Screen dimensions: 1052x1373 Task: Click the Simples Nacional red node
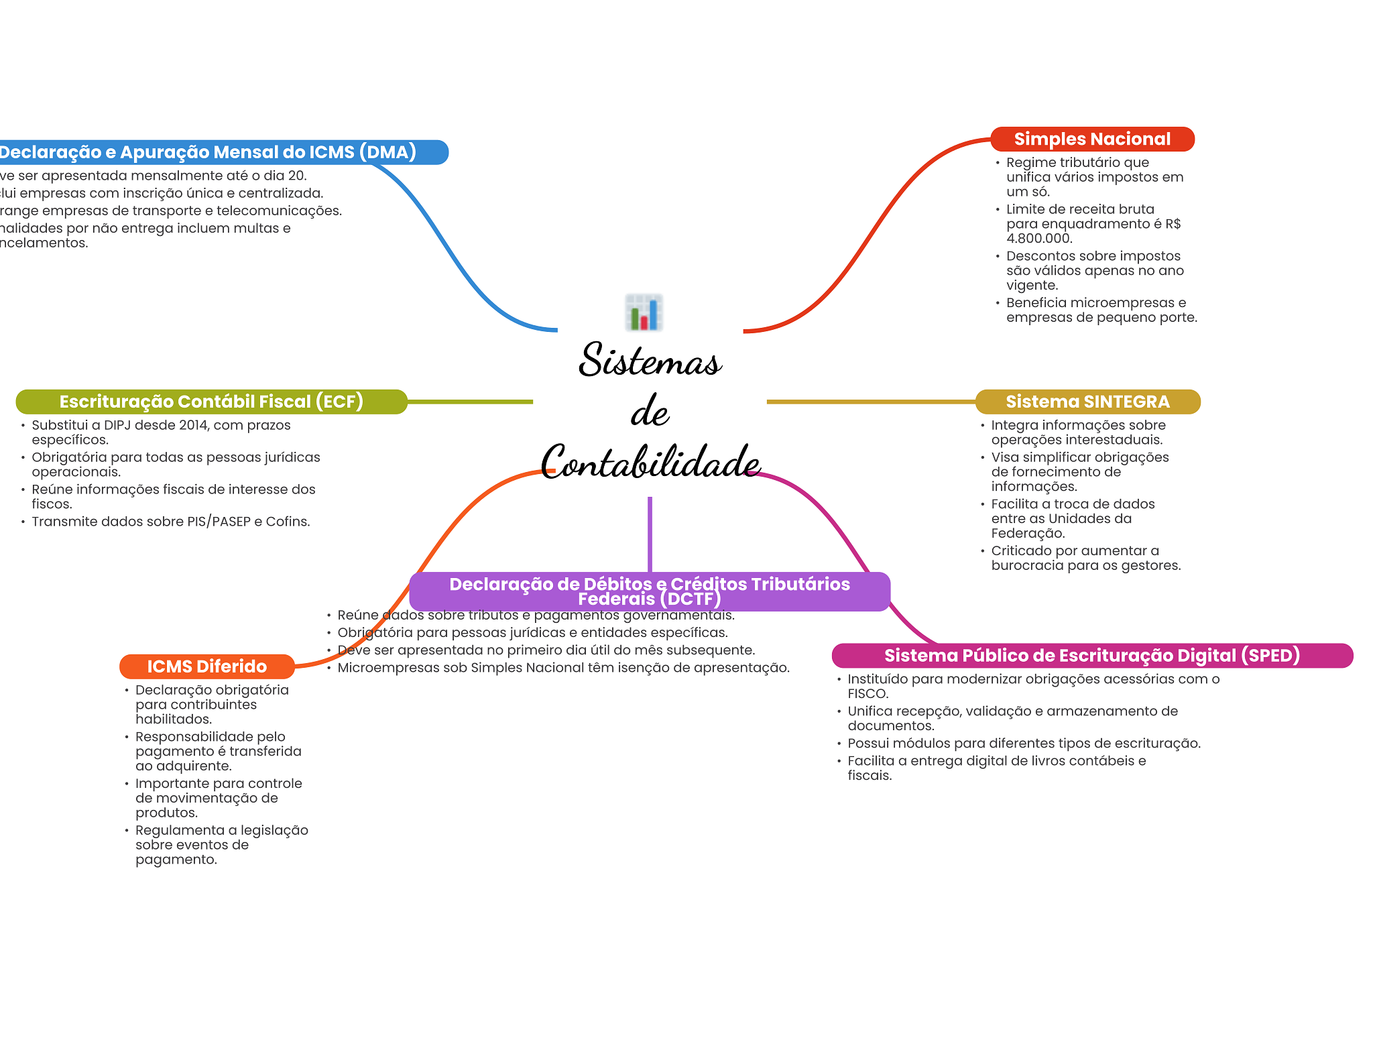pyautogui.click(x=1092, y=139)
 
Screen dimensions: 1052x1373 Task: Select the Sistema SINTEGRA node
pyautogui.click(x=1087, y=402)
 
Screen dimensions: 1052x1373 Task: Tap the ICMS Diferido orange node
pyautogui.click(x=206, y=666)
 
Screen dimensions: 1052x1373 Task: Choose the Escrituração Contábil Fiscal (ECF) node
pyautogui.click(x=211, y=402)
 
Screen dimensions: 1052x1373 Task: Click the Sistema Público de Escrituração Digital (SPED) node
pyautogui.click(x=1091, y=656)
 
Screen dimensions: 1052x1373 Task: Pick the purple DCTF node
pyautogui.click(x=649, y=591)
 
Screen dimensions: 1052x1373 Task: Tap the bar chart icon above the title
pyautogui.click(x=644, y=312)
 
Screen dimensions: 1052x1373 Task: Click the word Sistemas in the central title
pyautogui.click(x=650, y=360)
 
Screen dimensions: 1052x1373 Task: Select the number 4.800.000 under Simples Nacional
pyautogui.click(x=1038, y=239)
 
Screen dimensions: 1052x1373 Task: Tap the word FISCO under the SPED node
pyautogui.click(x=868, y=694)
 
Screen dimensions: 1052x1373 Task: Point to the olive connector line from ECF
pyautogui.click(x=469, y=402)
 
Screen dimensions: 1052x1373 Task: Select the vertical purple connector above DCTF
pyautogui.click(x=650, y=534)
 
